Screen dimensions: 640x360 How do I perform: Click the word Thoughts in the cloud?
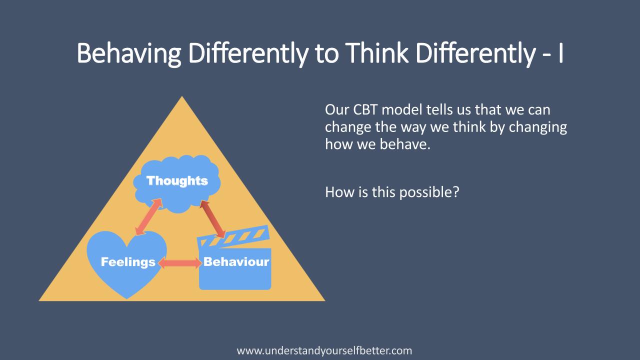point(177,181)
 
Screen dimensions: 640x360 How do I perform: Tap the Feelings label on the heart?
point(128,262)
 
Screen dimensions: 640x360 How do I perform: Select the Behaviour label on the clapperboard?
point(236,261)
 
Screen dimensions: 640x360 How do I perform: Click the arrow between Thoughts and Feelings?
point(148,216)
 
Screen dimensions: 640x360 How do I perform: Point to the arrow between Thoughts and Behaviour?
point(212,218)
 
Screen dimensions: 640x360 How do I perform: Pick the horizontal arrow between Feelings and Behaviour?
point(179,263)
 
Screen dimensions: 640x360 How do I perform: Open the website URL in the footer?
point(324,350)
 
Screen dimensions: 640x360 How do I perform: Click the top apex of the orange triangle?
point(182,98)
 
